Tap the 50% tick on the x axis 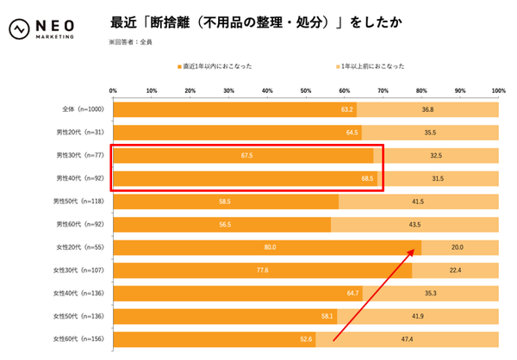pos(306,90)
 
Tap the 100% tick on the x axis pos(497,90)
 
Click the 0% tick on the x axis pos(114,90)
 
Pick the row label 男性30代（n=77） pos(80,156)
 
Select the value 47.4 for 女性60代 pos(406,338)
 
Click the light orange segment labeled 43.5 pos(414,225)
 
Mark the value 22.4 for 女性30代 pos(454,270)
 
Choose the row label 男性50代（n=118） pos(78,202)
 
